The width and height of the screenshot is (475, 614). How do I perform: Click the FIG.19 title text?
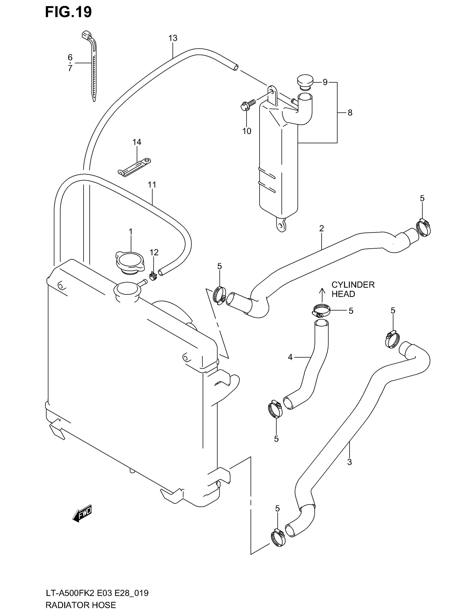pos(68,12)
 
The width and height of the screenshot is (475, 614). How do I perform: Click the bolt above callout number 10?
pos(248,105)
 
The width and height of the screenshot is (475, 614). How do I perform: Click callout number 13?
pos(173,38)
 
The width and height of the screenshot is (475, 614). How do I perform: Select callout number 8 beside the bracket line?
pos(350,113)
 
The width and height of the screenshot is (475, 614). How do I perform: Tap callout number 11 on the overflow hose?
pos(152,185)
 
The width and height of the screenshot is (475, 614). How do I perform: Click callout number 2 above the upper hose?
pos(322,228)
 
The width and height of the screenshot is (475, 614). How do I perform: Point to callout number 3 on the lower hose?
pos(350,462)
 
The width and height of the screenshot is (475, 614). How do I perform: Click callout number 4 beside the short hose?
pos(290,357)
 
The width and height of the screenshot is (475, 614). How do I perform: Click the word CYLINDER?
pos(353,284)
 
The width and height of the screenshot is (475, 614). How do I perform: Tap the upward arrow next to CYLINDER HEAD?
pos(322,295)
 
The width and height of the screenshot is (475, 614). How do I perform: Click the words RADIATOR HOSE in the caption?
pos(80,605)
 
